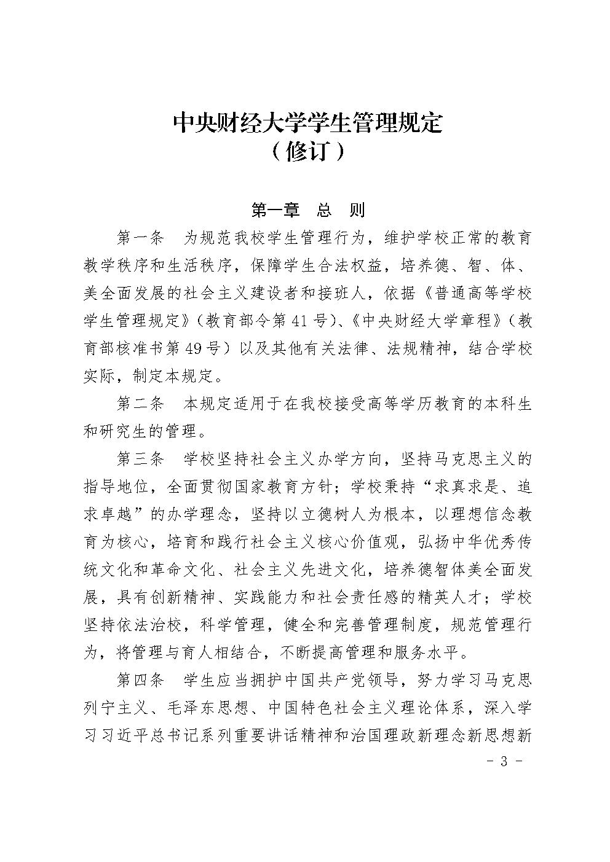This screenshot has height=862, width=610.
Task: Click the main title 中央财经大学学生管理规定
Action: point(307,122)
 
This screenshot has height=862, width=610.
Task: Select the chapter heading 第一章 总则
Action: point(308,210)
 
